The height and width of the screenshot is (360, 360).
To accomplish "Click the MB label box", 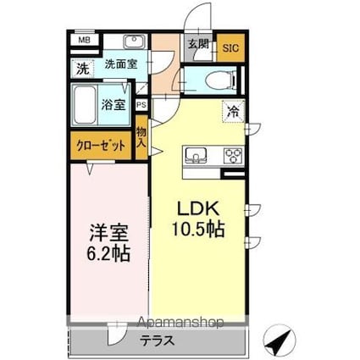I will tap(85, 40).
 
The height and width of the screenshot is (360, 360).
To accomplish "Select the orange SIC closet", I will tap(230, 47).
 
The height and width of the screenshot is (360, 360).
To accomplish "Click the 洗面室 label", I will tap(122, 64).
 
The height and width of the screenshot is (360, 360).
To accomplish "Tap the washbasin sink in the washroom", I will tap(133, 42).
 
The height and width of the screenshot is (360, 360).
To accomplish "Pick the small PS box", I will tap(141, 105).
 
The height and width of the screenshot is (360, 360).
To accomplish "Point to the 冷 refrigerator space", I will tap(232, 110).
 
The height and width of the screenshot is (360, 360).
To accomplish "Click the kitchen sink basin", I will tap(197, 156).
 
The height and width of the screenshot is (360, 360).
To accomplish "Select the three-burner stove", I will tap(232, 156).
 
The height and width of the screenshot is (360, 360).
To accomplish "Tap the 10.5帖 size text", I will tap(199, 229).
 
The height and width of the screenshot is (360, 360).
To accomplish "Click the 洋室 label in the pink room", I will tap(109, 231).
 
